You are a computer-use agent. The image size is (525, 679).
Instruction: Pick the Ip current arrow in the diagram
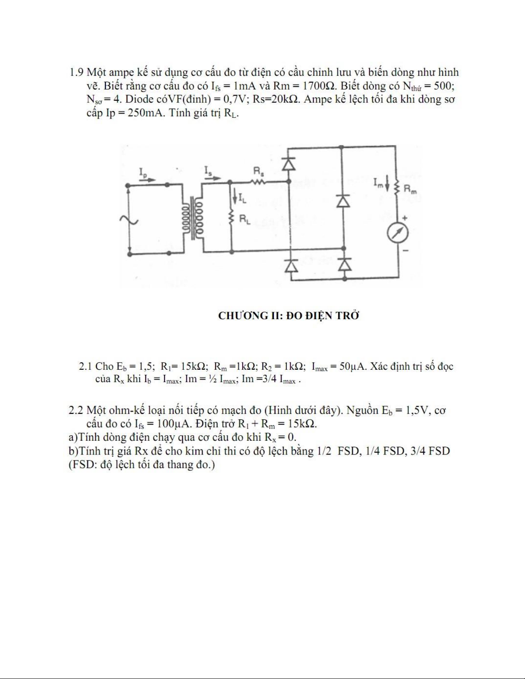pos(147,179)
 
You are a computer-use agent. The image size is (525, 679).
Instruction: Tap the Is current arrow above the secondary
pos(213,178)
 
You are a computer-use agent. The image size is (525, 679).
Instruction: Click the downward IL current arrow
pos(235,196)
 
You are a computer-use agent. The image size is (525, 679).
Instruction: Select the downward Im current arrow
pos(387,184)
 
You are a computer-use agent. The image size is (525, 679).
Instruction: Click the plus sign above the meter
pos(405,218)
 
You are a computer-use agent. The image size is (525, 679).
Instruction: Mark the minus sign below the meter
pos(405,250)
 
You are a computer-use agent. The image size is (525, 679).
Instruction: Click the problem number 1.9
pos(77,72)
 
